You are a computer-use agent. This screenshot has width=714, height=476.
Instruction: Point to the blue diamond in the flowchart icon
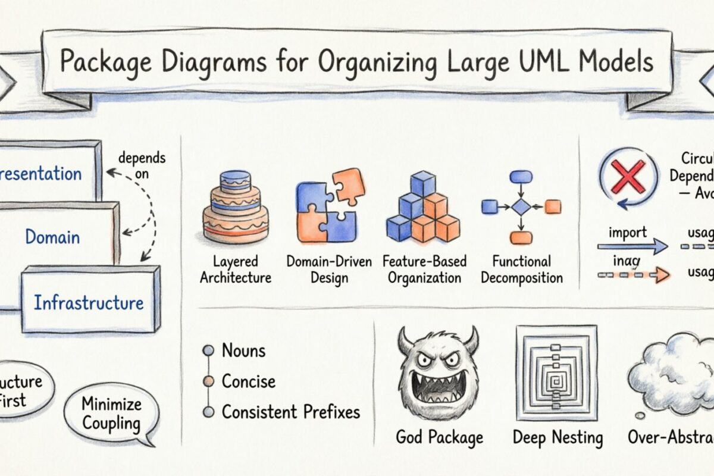click(x=521, y=207)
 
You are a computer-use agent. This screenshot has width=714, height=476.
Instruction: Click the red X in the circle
click(x=628, y=176)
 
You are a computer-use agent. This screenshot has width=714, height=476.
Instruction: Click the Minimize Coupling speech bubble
click(x=111, y=414)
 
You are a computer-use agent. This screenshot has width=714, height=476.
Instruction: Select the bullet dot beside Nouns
click(x=208, y=351)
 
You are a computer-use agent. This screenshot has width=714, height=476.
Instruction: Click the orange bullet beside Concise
click(x=208, y=381)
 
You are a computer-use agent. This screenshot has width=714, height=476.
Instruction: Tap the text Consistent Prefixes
click(x=290, y=411)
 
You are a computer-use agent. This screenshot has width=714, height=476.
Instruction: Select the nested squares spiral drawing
click(x=556, y=372)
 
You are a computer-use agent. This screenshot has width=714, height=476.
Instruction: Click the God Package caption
click(x=440, y=438)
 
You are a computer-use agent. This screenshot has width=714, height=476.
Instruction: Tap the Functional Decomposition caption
click(x=522, y=269)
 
